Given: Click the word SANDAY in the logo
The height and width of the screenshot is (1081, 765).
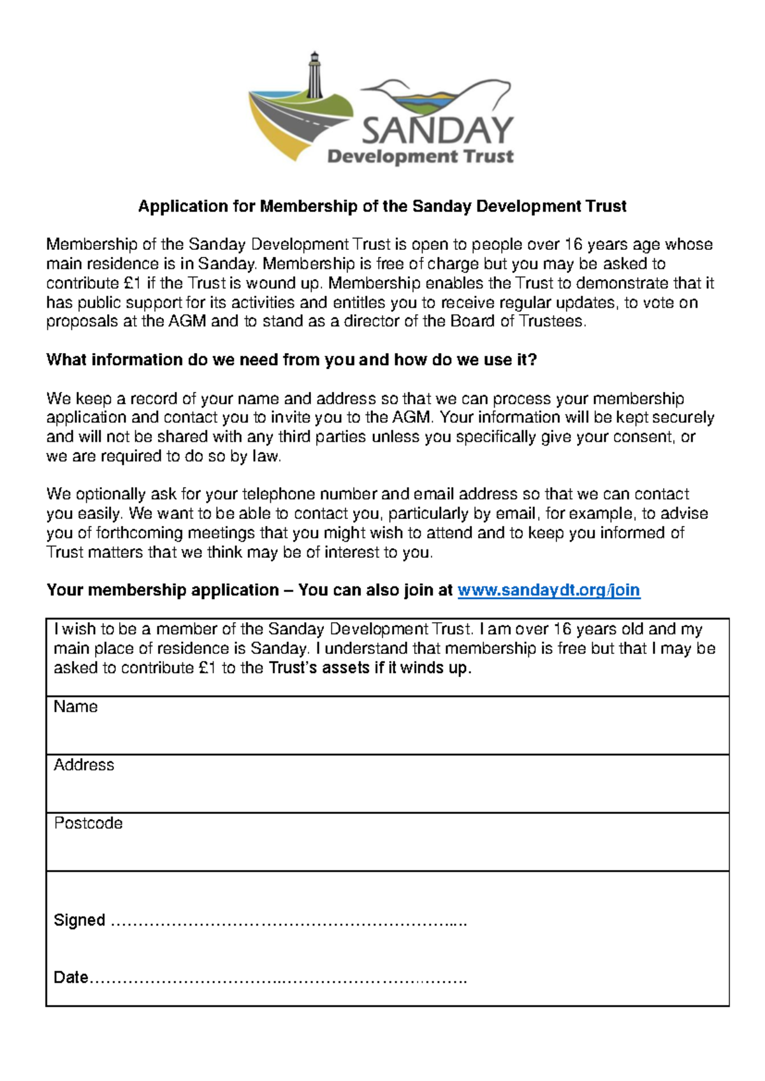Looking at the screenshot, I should pos(437,130).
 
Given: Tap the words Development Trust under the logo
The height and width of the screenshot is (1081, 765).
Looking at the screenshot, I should pos(420,156).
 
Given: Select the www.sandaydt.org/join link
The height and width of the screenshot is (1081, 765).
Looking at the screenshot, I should pos(549,590).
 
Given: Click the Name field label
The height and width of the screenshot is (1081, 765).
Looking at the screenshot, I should pos(75,706).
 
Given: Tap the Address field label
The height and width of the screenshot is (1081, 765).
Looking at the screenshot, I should pos(84,765).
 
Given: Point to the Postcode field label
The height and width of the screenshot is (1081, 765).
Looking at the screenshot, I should pos(88,823).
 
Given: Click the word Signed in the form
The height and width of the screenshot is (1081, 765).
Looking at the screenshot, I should pos(79,920).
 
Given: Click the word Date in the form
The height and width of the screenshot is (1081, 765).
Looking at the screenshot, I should pos(70,977).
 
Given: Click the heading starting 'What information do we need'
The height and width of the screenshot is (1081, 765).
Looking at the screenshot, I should pos(291,359).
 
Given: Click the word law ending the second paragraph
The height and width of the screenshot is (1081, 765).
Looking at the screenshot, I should pos(266,456).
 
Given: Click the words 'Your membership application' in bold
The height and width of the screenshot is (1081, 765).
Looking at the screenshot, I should pos(163,590).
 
